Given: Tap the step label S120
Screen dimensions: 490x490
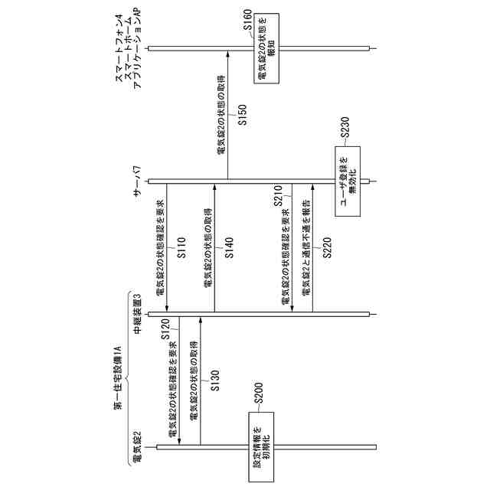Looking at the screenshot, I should (x=166, y=330).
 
